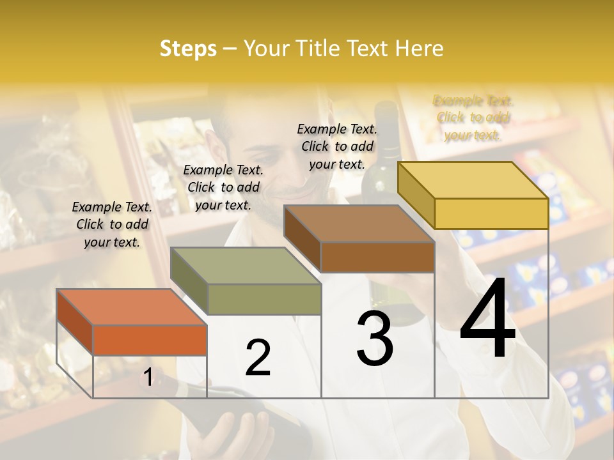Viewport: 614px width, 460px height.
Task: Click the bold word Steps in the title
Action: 187,49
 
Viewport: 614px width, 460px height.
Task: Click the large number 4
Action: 487,319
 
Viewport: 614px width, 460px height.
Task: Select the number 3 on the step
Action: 375,339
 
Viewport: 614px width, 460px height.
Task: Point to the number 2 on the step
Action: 258,358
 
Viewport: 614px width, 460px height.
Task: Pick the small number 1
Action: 148,378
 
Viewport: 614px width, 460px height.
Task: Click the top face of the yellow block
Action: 473,180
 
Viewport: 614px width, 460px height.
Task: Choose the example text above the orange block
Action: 112,224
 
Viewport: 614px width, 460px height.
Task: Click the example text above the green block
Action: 223,187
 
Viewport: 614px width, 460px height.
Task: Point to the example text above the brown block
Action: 337,146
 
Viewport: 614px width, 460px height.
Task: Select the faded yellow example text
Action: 473,118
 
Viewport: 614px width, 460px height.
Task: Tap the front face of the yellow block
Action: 491,213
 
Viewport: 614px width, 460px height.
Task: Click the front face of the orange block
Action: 150,340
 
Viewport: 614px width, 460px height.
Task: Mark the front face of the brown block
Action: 377,257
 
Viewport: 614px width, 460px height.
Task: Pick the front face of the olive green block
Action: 264,299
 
